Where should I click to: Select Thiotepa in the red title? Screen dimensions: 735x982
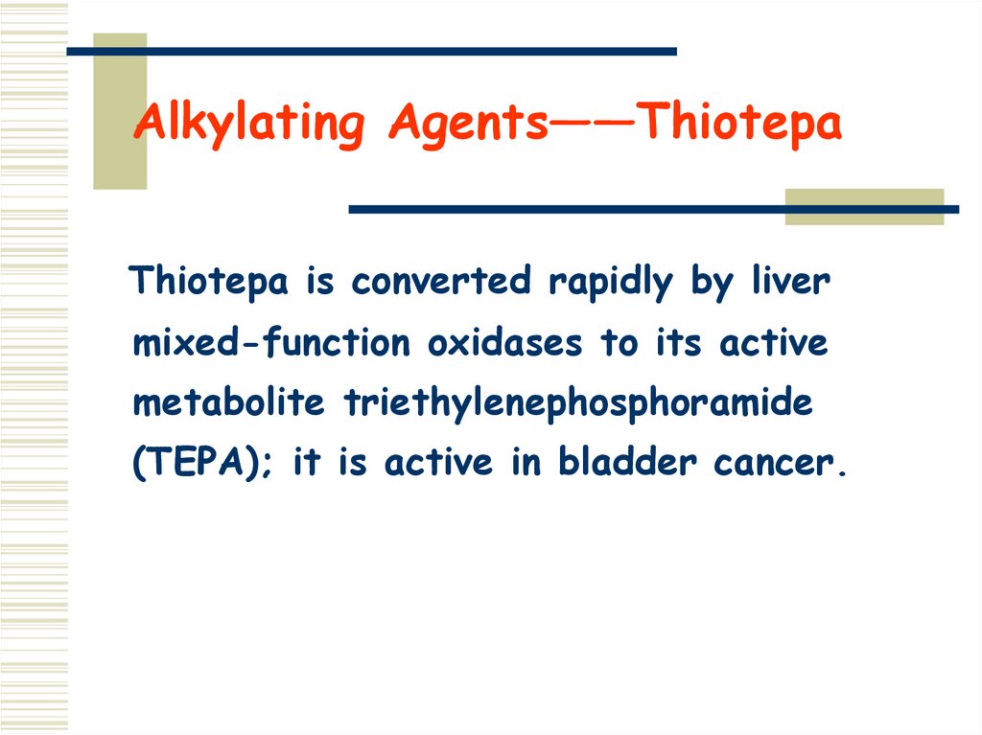tap(740, 126)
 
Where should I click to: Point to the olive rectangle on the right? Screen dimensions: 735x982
tap(864, 208)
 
